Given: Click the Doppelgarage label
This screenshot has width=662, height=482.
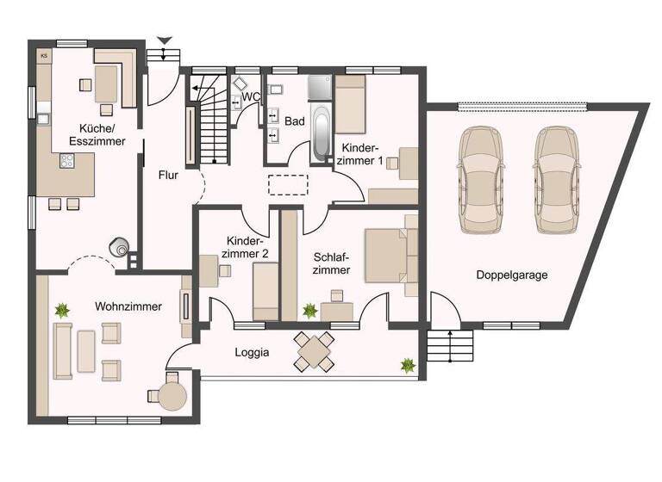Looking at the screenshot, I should pyautogui.click(x=512, y=275).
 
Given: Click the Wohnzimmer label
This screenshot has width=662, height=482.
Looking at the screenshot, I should pyautogui.click(x=128, y=306).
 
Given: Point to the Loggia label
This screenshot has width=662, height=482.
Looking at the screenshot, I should pyautogui.click(x=252, y=352).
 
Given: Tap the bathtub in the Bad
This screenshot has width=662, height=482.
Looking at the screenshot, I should pyautogui.click(x=321, y=133).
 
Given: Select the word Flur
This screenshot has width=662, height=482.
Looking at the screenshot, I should pyautogui.click(x=168, y=175).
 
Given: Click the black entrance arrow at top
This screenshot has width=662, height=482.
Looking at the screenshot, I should pyautogui.click(x=165, y=40).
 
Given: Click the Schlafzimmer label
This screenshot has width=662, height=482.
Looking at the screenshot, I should pyautogui.click(x=331, y=263).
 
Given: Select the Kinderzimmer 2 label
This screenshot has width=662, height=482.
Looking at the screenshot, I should pyautogui.click(x=247, y=247).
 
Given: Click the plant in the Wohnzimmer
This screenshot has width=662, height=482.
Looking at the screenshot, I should pyautogui.click(x=62, y=309).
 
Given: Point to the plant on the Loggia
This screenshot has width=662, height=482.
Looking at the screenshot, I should pyautogui.click(x=407, y=365).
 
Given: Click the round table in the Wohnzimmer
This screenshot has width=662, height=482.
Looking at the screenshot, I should pyautogui.click(x=172, y=397).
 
